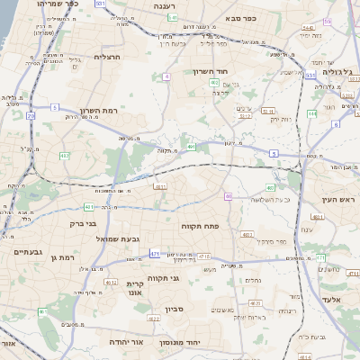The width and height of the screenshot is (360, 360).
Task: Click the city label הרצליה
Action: (x=107, y=57)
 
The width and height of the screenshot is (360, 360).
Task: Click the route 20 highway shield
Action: (x=31, y=116)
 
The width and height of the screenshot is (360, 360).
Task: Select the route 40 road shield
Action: (x=229, y=196)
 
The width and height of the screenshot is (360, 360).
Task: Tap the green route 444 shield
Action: (x=310, y=113)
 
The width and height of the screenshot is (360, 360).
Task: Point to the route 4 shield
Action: (x=167, y=77)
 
